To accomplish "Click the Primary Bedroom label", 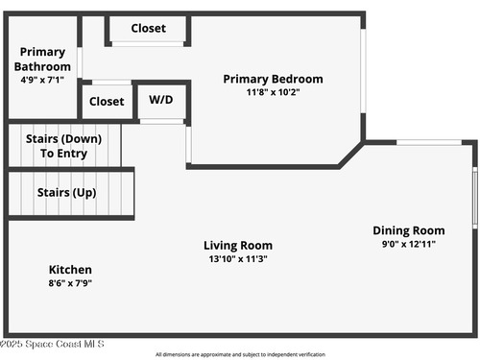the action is tap(273, 79).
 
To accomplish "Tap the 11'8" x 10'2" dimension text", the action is tap(273, 92).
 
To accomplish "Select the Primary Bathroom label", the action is tap(42, 60).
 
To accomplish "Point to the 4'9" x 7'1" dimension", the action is tap(42, 80).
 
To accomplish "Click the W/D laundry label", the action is tap(161, 100).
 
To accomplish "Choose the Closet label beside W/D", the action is tap(107, 102).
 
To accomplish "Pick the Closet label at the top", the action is tap(149, 28).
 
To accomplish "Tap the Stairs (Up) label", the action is tap(66, 193).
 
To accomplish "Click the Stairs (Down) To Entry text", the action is tap(63, 146).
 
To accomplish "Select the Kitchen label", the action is tap(70, 270).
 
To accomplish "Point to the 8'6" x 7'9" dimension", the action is tap(70, 283).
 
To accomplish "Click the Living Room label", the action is tap(238, 246).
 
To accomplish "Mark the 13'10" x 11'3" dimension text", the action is tap(238, 258).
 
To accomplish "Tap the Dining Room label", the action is tap(409, 230).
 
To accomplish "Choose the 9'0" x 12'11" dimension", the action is tap(409, 244).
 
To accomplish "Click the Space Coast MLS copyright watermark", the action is tap(52, 344).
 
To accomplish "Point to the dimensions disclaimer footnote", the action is tap(240, 354).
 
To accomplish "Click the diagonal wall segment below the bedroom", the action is tap(351, 155).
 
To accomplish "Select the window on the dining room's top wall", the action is tap(429, 142).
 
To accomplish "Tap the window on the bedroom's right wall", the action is tap(363, 71).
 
